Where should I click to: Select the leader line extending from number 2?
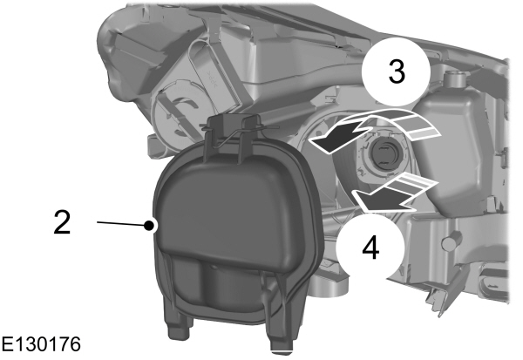[x=122, y=223]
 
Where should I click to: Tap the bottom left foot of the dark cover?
[x=180, y=326]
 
